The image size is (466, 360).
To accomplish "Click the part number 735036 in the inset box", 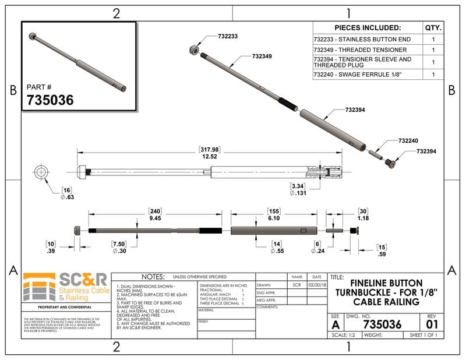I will (50, 100).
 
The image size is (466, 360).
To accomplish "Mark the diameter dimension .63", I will (68, 197).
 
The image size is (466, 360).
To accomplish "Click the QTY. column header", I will (433, 28).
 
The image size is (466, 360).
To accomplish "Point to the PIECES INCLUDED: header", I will (368, 28).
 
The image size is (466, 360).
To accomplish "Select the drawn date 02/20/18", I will (316, 285).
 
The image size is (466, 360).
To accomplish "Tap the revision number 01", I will (431, 324).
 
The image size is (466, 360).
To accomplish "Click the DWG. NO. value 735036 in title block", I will (382, 324).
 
